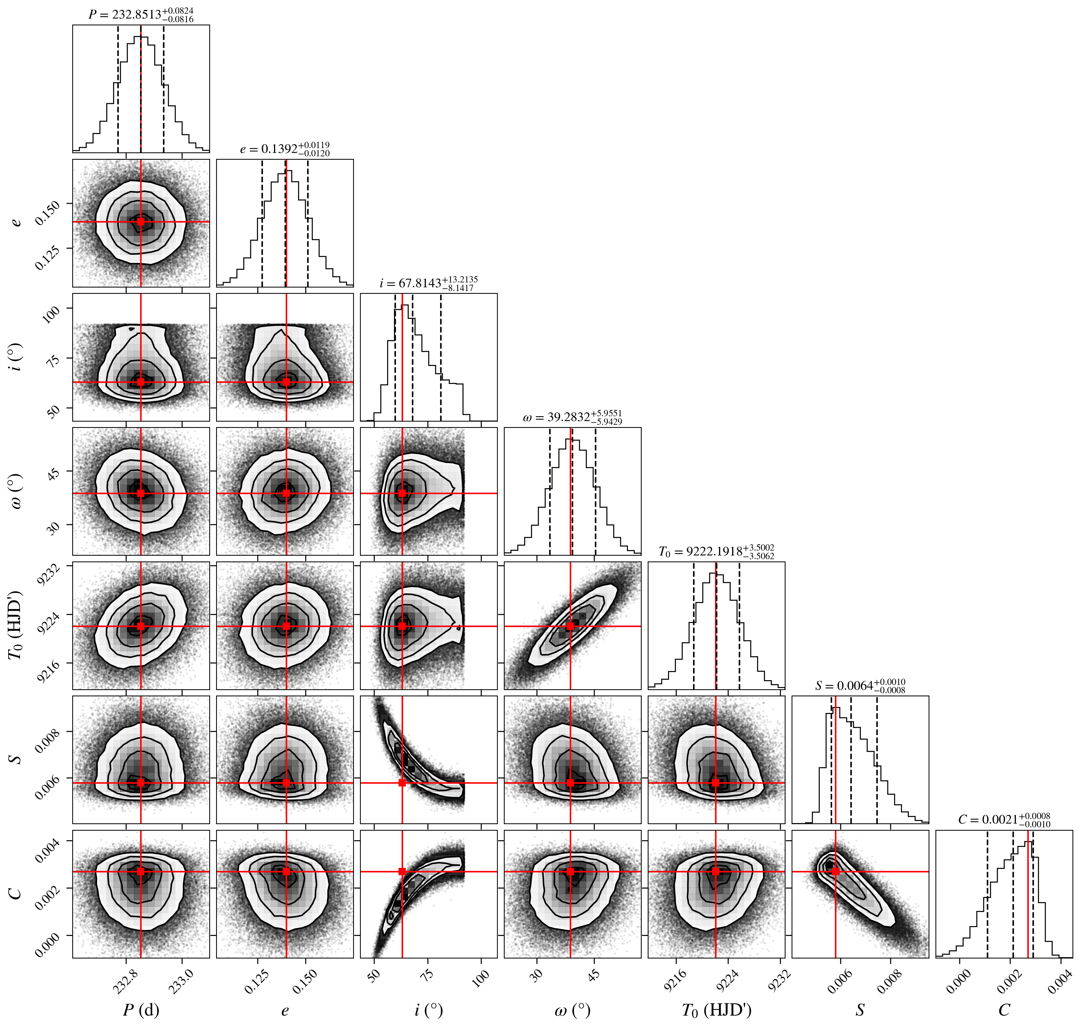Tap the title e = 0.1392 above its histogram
[285, 149]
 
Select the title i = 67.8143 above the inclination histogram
[429, 283]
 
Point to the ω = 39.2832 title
[572, 417]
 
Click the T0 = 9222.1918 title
[716, 551]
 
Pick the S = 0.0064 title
[860, 686]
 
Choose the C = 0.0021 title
[1004, 820]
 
